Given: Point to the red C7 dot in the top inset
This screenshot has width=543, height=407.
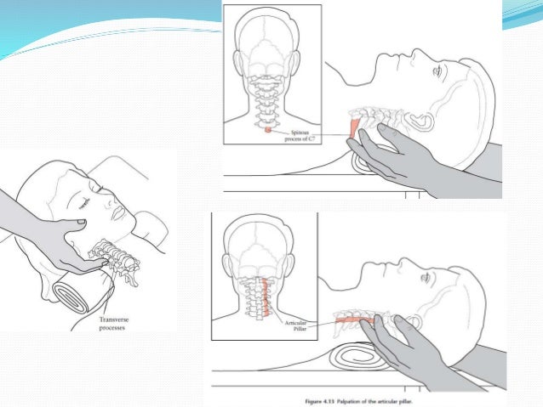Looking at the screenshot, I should [268, 130].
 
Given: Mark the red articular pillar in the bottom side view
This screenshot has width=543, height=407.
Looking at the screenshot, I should [349, 319].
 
